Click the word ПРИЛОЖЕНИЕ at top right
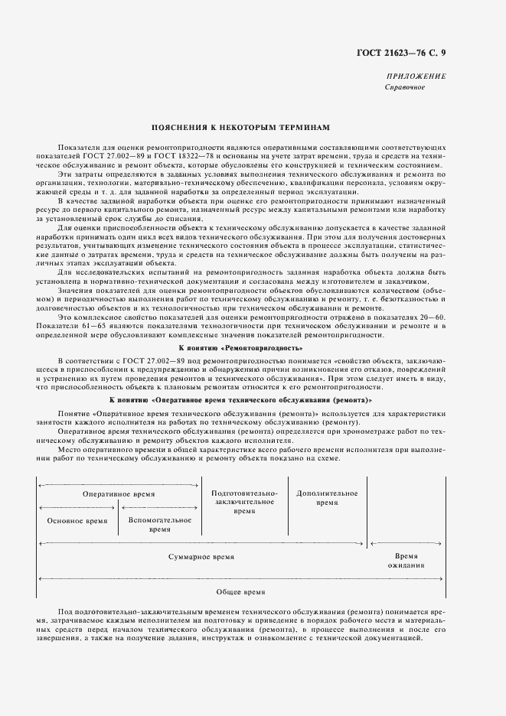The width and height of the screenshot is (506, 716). pyautogui.click(x=418, y=77)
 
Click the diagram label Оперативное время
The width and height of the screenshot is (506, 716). pyautogui.click(x=119, y=494)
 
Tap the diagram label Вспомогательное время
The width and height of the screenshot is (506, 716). pyautogui.click(x=160, y=524)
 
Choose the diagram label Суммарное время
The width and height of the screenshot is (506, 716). pyautogui.click(x=201, y=557)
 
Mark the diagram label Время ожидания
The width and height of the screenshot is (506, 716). pyautogui.click(x=406, y=561)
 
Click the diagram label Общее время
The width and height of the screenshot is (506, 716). pyautogui.click(x=240, y=592)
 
